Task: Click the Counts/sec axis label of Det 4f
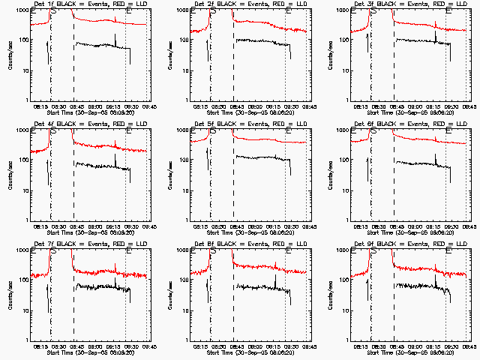[x=10, y=175]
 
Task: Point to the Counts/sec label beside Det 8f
[x=170, y=295]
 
